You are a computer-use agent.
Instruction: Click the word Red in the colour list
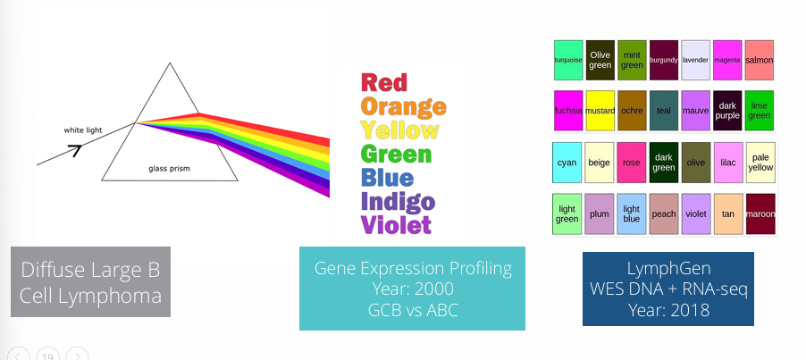383,83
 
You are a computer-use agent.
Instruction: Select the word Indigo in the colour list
398,201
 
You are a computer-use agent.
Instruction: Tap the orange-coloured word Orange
402,107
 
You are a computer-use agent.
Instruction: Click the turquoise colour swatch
568,61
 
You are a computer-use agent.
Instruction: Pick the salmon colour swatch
759,61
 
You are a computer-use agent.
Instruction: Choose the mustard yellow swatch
600,111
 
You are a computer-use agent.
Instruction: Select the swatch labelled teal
663,111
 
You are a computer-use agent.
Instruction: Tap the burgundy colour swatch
663,61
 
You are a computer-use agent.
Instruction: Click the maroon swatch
759,214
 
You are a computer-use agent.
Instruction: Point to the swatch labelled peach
663,214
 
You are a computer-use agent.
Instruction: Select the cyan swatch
567,163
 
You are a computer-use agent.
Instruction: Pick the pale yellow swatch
759,163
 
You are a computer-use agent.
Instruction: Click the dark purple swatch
727,111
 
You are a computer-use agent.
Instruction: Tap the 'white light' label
83,130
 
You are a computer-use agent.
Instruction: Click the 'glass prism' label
169,167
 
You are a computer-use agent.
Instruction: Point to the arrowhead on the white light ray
75,149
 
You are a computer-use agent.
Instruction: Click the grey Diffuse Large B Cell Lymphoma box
90,280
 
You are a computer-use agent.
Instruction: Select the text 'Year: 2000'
412,289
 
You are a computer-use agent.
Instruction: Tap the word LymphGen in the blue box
667,268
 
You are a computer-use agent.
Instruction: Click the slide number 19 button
48,355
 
